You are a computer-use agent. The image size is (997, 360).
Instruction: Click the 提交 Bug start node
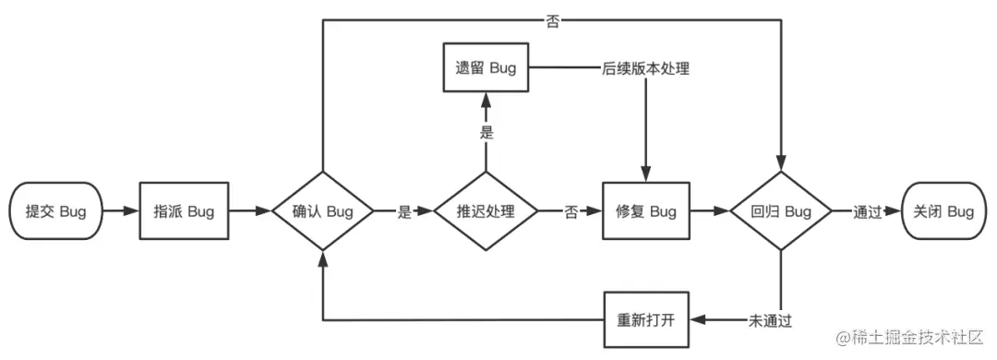[x=55, y=211]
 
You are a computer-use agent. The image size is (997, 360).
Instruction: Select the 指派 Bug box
[x=184, y=211]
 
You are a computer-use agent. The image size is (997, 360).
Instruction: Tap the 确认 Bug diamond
[x=322, y=211]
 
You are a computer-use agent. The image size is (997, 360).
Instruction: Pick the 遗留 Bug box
[x=486, y=69]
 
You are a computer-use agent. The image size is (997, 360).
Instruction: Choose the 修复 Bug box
[x=646, y=211]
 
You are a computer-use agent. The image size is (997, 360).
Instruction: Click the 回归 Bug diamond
[x=783, y=211]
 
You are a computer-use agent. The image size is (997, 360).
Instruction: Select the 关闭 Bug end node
[x=943, y=211]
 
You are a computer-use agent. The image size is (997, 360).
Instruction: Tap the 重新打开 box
[x=646, y=320]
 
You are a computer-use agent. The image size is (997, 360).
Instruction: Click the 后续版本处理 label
[x=646, y=69]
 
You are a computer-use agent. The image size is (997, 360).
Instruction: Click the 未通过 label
[x=769, y=320]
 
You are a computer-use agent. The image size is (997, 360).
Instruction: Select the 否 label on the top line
[x=552, y=21]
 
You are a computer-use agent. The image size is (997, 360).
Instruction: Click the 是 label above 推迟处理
[x=486, y=132]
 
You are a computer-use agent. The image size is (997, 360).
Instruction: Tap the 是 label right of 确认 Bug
[x=403, y=211]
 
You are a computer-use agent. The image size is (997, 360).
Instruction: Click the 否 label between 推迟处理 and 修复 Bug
[x=571, y=211]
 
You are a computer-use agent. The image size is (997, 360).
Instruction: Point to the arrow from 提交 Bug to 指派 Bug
[x=120, y=211]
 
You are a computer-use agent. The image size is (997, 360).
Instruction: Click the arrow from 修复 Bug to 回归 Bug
[x=710, y=211]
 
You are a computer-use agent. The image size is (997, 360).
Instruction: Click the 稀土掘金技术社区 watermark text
[x=914, y=338]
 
